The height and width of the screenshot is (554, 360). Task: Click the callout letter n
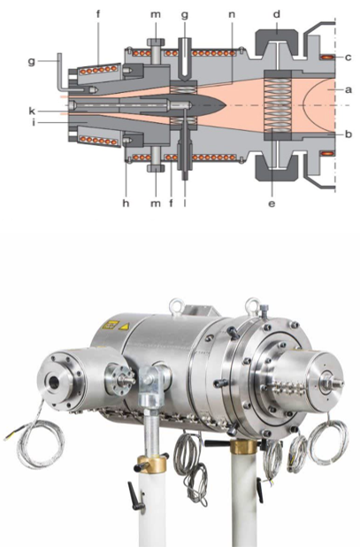[x=232, y=14]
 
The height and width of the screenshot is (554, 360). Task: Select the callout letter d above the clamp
[x=277, y=14]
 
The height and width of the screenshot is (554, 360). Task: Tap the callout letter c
[x=349, y=58]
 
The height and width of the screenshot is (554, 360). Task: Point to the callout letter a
[x=349, y=90]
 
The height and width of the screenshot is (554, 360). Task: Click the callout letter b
[x=349, y=135]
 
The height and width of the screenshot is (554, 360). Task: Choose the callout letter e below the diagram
[x=272, y=204]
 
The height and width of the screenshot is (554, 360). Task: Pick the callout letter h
[x=126, y=203]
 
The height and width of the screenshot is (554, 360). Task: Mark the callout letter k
[x=33, y=112]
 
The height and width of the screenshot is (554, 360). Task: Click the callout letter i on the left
[x=34, y=123]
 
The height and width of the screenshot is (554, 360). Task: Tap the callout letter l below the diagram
[x=185, y=203]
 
